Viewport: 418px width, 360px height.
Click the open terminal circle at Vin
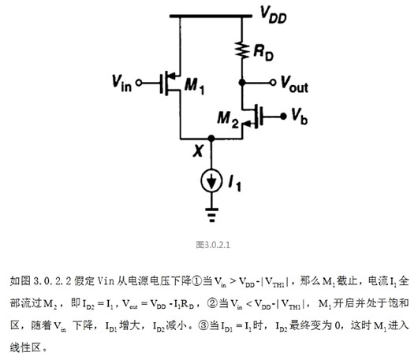click(x=141, y=82)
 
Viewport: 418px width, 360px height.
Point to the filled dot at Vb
click(x=280, y=117)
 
